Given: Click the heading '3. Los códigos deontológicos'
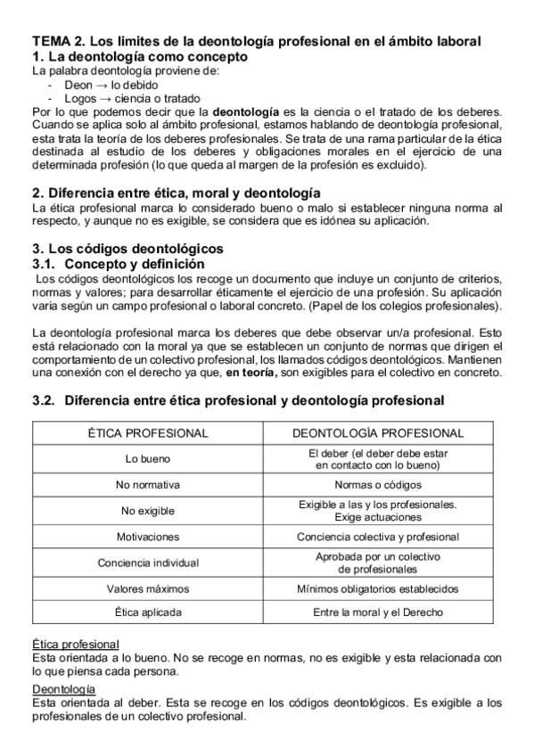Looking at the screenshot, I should tap(127, 248).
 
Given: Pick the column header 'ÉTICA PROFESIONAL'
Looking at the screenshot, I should tap(148, 433).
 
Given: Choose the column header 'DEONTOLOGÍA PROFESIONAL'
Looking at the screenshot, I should tap(378, 433).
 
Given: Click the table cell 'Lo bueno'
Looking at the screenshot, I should tap(148, 459).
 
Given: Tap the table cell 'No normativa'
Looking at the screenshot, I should tap(148, 486).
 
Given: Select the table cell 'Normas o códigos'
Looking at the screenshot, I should tap(378, 486).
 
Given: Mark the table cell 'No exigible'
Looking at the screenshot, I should tap(148, 511).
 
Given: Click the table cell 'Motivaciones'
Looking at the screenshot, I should tap(148, 537).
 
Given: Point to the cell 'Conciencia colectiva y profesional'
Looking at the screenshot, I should tap(378, 537).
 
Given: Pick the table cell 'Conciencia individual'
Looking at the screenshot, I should tap(148, 563).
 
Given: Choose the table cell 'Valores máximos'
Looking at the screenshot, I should tap(148, 588).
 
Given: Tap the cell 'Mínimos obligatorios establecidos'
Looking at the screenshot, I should tap(378, 588).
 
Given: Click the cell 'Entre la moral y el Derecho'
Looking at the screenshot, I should tap(378, 613).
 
